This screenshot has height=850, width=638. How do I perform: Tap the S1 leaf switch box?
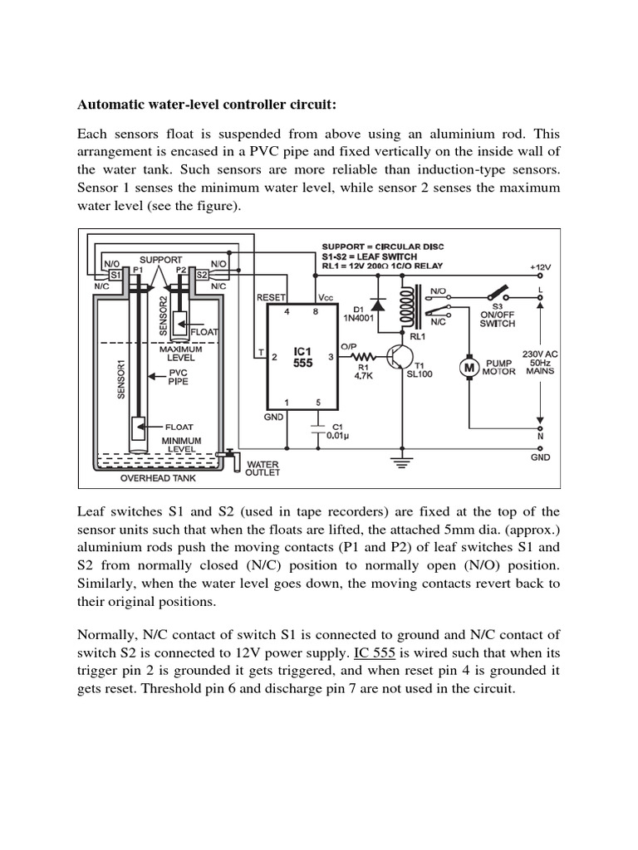(x=115, y=274)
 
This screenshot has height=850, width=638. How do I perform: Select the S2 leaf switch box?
(x=201, y=273)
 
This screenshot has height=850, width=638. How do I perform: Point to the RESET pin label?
(x=271, y=296)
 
